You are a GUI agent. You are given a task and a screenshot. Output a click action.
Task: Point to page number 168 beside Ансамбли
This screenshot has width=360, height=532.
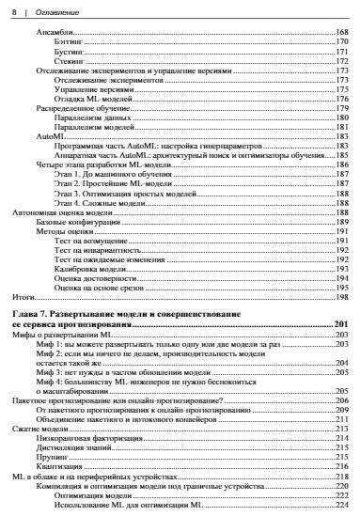[341, 33]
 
